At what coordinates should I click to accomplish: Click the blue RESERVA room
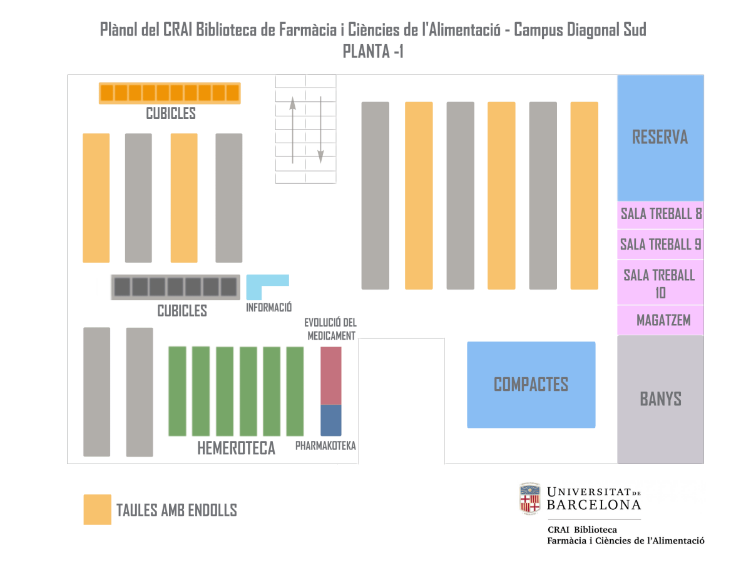(660, 138)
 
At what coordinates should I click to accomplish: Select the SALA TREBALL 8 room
(660, 214)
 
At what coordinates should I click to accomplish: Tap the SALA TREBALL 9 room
(660, 245)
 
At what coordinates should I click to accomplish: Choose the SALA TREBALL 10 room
(660, 283)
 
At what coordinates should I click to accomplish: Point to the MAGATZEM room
(660, 320)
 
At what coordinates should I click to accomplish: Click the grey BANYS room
(660, 399)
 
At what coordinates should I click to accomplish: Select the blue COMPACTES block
(531, 384)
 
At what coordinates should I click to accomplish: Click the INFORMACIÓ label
(269, 308)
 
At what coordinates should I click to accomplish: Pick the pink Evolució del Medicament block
(331, 375)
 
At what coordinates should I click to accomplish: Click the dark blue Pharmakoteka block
(331, 420)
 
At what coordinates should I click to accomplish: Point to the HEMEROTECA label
(236, 449)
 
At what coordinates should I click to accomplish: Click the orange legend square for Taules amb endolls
(97, 509)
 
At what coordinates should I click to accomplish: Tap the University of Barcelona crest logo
(529, 498)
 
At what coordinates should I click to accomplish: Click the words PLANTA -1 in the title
(373, 51)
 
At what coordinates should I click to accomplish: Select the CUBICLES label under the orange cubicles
(171, 114)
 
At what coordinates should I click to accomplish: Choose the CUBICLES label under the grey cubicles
(182, 311)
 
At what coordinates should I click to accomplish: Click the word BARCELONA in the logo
(593, 504)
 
